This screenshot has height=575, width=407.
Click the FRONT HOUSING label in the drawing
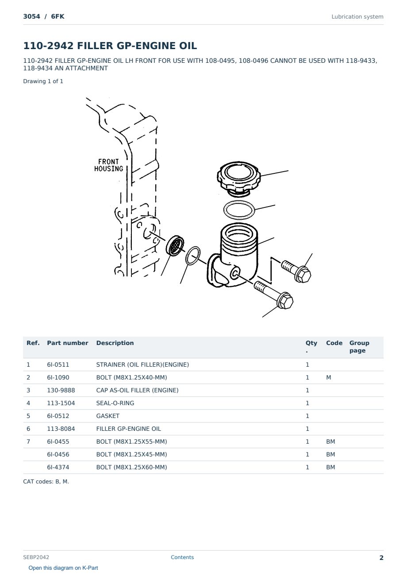click(108, 165)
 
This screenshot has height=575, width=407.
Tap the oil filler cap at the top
click(238, 178)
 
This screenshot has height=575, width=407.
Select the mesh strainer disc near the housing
click(175, 245)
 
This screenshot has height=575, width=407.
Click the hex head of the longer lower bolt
click(285, 301)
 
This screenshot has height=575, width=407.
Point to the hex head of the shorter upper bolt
click(303, 274)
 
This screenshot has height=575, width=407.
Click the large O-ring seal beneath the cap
click(239, 210)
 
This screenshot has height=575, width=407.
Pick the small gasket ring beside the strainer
click(193, 256)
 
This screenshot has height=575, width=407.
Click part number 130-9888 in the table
click(61, 390)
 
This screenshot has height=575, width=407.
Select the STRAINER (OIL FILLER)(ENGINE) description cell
click(142, 364)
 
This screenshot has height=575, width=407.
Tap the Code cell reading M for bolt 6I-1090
click(328, 377)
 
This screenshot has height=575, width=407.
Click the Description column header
click(115, 343)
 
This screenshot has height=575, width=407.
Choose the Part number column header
click(68, 343)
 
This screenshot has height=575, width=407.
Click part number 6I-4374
click(58, 467)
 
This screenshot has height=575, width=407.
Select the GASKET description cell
click(108, 416)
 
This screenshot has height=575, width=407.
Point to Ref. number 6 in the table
click(28, 429)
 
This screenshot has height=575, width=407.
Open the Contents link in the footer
click(182, 557)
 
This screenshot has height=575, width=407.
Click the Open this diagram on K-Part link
click(63, 568)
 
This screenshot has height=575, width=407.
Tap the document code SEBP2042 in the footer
click(36, 557)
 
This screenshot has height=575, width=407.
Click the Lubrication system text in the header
click(357, 17)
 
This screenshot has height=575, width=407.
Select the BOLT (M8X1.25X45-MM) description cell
click(131, 454)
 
